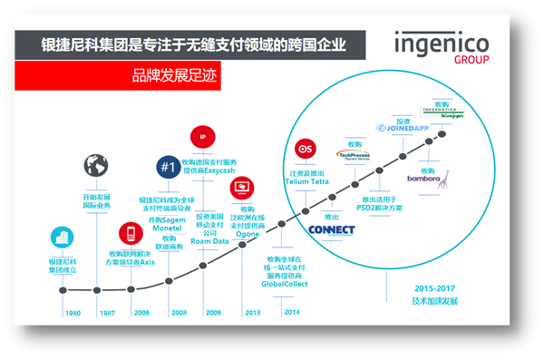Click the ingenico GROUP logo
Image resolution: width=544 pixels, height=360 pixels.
(x=442, y=51)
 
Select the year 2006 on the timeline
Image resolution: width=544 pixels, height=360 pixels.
(x=142, y=312)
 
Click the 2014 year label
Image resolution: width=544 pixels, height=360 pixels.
(x=291, y=312)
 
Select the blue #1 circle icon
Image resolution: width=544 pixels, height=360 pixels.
(x=166, y=167)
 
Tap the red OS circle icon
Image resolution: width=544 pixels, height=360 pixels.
(x=305, y=149)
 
